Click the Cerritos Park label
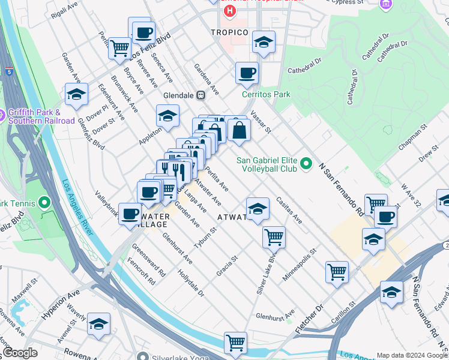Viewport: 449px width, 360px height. [x=266, y=94]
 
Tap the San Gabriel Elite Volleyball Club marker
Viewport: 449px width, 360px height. [x=306, y=163]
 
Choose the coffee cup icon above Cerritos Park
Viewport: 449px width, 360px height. [x=247, y=74]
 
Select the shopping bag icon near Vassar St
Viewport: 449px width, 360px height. [x=239, y=130]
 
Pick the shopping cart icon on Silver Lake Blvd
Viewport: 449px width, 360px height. [x=274, y=236]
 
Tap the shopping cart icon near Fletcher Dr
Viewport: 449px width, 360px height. [x=337, y=271]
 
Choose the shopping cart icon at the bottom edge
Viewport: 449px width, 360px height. [x=235, y=343]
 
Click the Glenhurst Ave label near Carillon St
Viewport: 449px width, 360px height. [x=276, y=314]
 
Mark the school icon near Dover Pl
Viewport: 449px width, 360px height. [x=77, y=95]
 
